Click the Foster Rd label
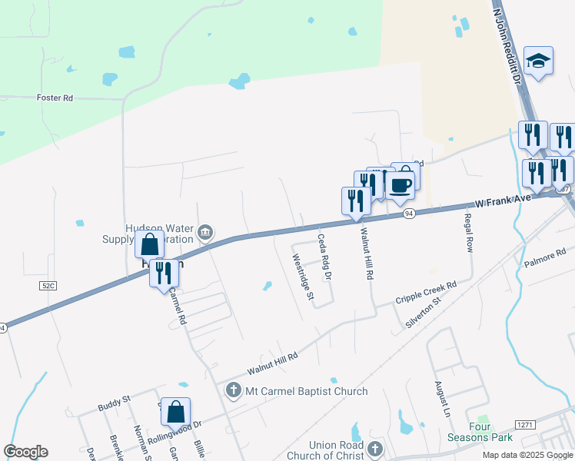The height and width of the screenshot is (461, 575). (x=55, y=98)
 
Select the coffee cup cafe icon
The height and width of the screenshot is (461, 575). (x=400, y=184)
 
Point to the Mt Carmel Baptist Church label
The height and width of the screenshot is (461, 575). (x=306, y=391)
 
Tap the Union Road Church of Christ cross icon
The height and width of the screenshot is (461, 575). (x=374, y=449)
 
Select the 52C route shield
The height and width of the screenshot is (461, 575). (x=48, y=285)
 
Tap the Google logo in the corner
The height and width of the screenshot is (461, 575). (x=26, y=452)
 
